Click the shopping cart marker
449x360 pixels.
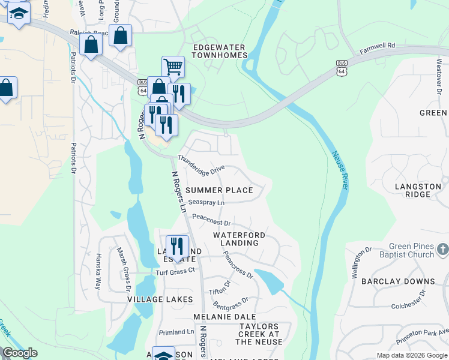coord(173,66)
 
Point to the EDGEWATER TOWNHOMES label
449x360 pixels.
coord(220,50)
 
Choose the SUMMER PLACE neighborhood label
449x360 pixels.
coord(218,190)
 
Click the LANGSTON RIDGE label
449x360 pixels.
coord(418,191)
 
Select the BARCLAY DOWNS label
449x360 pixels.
coord(407,281)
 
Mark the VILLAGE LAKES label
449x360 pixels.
coord(160,299)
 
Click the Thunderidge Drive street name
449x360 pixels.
coord(200,167)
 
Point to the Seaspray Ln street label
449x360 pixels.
coord(206,203)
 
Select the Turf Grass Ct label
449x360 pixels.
coord(176,271)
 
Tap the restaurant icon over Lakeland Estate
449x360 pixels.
coord(177,246)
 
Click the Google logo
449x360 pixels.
coord(20,353)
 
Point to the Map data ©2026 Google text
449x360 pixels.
coord(411,355)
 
